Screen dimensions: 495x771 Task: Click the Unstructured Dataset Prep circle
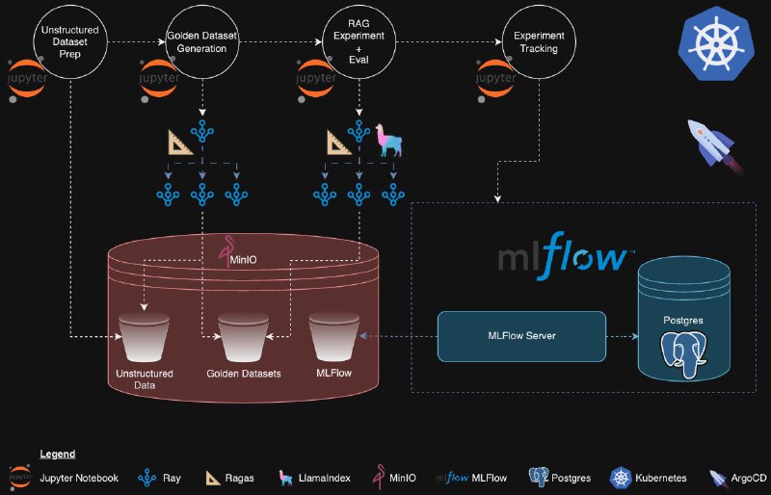[x=70, y=41]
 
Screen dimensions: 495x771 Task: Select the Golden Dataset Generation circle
[x=201, y=41]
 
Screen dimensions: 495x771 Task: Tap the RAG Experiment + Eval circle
[x=359, y=41]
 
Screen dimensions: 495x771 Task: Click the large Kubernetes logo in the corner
[x=715, y=43]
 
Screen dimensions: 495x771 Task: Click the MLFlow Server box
[x=521, y=336]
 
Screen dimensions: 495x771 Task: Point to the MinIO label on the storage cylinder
[x=247, y=257]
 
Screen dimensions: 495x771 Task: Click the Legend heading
[x=57, y=454]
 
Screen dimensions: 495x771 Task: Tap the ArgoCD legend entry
[x=737, y=477]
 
